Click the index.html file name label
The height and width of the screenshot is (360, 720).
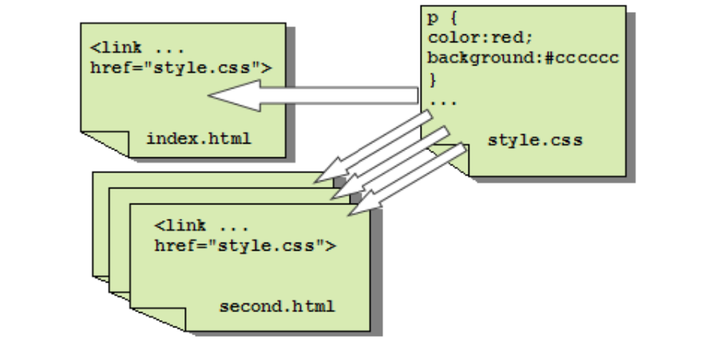199,139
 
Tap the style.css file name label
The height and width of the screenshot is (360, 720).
535,140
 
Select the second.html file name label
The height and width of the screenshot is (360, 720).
277,307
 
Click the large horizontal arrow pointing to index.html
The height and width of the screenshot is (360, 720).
313,96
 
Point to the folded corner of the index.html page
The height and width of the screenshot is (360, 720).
105,142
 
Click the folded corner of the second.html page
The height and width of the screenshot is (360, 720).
159,318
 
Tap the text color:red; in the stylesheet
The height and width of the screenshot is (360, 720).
480,38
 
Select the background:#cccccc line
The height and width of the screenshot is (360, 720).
524,58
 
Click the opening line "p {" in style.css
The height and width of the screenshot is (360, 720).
443,19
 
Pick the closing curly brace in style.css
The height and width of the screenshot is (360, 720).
433,80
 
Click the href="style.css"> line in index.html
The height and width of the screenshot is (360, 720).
181,68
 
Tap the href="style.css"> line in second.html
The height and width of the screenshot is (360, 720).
245,246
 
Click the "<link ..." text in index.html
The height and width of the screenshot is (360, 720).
137,48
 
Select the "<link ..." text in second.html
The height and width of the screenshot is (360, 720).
202,226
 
